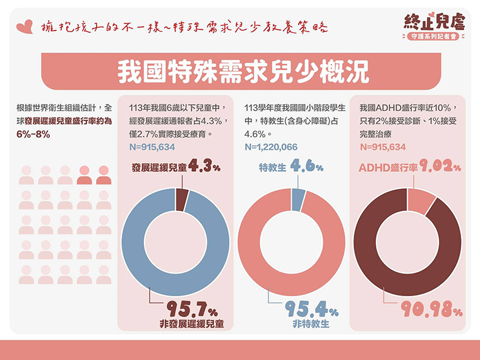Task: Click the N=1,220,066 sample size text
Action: click(x=270, y=147)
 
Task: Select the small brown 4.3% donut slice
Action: click(x=182, y=198)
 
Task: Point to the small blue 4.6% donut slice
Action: click(x=299, y=198)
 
